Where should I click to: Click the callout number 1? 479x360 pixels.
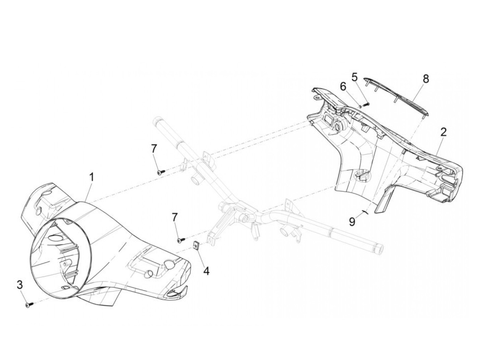pos(91,177)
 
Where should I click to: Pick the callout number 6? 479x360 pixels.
pos(343,87)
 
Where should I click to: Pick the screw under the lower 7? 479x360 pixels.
pos(181,240)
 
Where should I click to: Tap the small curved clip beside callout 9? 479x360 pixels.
pos(365,213)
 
